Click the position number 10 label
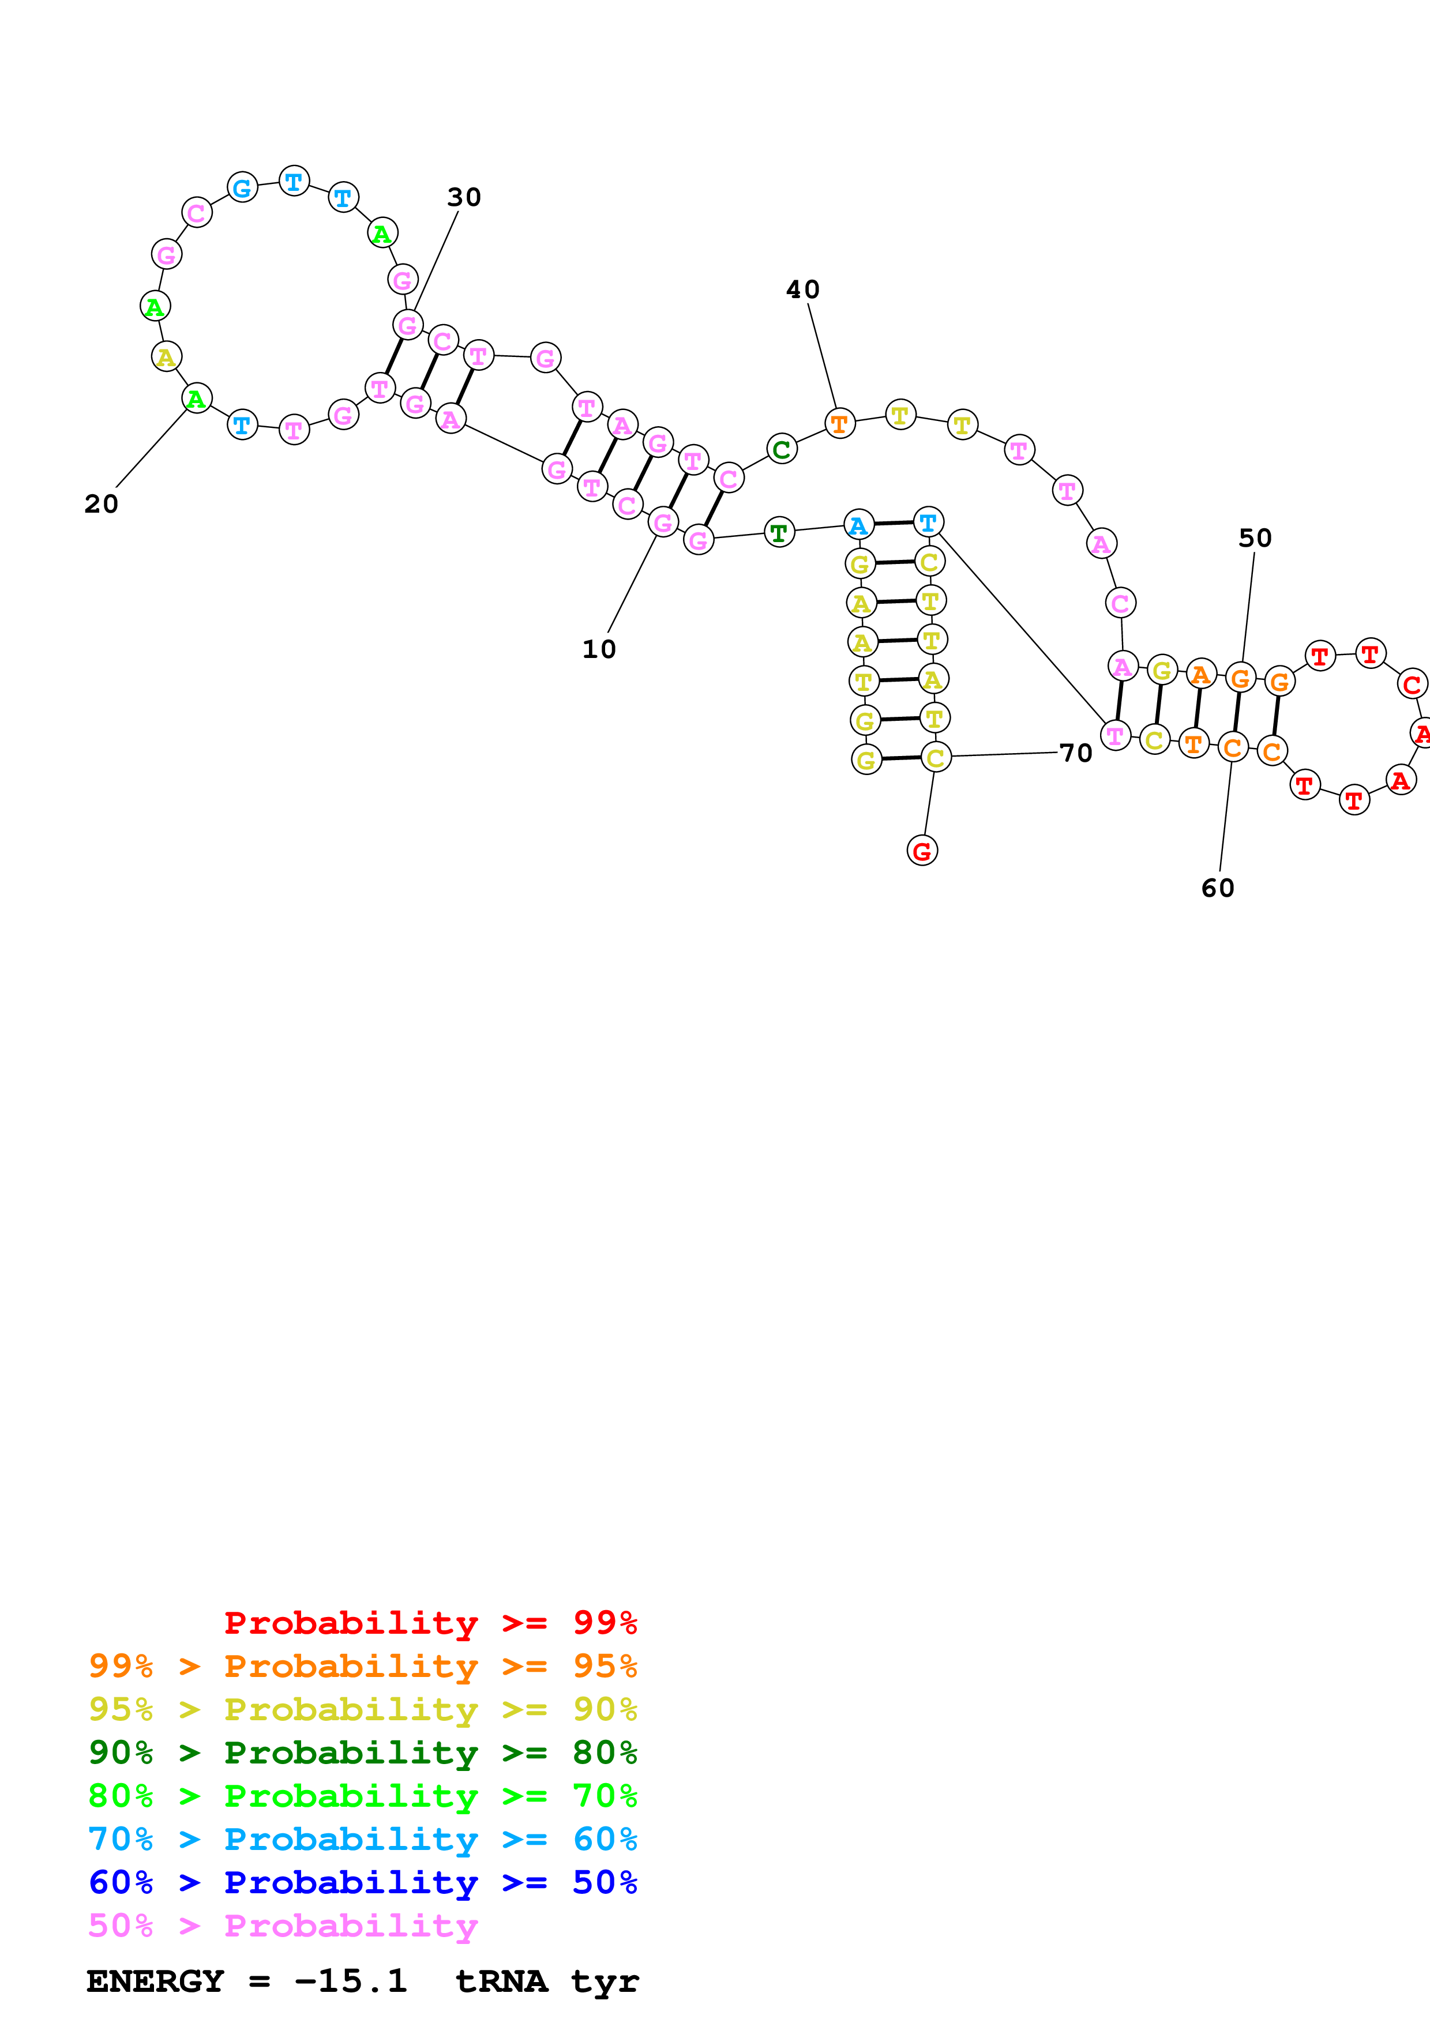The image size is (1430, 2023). point(599,649)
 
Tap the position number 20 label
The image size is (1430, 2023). point(102,504)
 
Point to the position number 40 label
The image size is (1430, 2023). point(802,290)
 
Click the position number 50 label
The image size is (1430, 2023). point(1255,539)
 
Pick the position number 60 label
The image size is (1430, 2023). point(1218,888)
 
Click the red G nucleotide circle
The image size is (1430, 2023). point(922,851)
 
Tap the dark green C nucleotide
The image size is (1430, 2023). point(782,449)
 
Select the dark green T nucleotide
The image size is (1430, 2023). point(779,532)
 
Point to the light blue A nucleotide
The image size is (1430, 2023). point(858,525)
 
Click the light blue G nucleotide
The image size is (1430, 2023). point(242,187)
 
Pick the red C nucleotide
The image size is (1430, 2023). point(1412,684)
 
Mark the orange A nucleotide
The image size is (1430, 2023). point(1200,675)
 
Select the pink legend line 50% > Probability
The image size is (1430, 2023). point(282,1926)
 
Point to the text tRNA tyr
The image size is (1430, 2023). point(546,1981)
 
